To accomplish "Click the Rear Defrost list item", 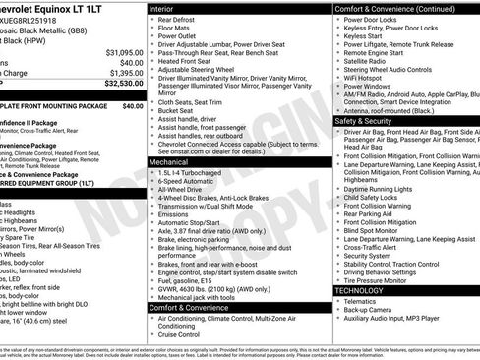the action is (179, 21).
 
